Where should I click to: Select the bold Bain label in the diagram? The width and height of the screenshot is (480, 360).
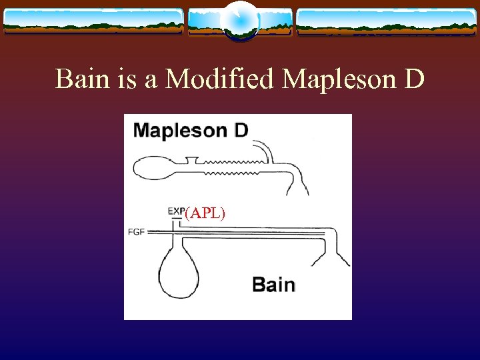point(273,285)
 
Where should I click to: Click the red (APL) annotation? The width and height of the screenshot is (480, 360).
point(205,213)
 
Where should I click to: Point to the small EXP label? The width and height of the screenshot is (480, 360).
point(176,211)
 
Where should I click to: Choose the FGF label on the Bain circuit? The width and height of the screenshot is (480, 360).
point(136,232)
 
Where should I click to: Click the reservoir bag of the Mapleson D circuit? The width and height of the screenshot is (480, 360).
point(154,167)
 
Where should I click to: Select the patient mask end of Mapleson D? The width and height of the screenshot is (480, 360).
point(297,183)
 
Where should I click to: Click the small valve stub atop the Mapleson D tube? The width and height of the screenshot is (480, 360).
point(193,159)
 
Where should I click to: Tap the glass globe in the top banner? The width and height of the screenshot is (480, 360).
point(239,20)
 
